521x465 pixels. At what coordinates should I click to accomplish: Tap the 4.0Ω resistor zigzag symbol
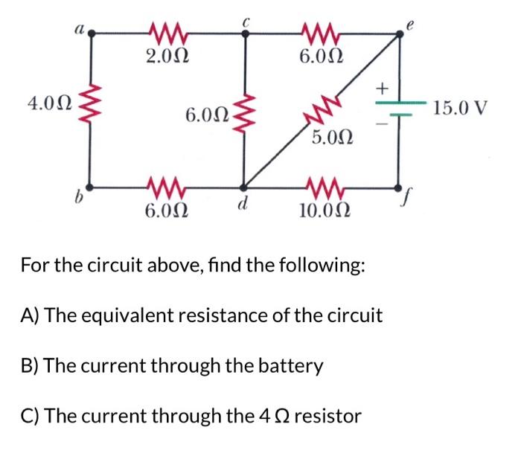point(90,104)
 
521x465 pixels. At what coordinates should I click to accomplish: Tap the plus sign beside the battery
point(383,89)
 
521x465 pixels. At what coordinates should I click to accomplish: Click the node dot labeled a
point(92,33)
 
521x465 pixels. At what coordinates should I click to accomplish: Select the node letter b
point(77,201)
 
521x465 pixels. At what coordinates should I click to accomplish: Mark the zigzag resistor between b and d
point(164,185)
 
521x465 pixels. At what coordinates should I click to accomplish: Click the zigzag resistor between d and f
point(320,185)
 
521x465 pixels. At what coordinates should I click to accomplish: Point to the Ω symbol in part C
point(280,416)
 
